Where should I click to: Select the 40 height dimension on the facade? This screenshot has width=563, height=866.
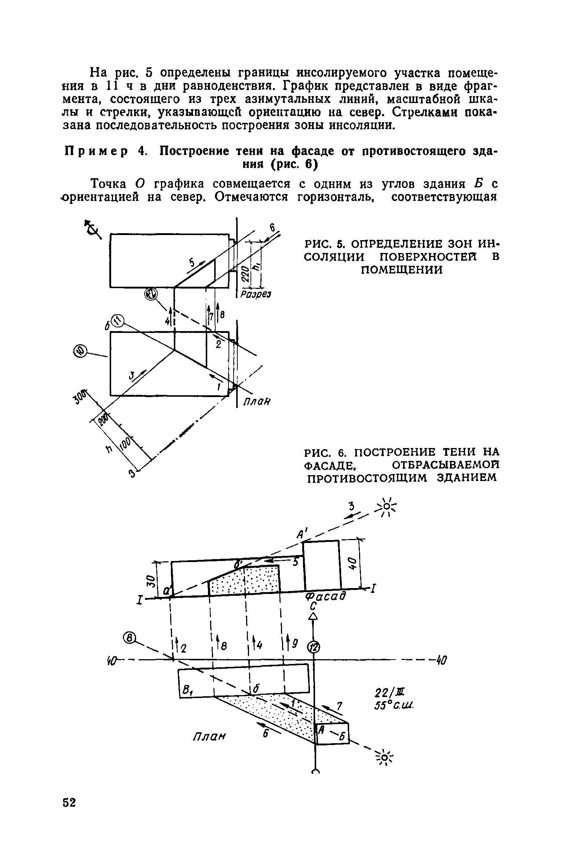tap(351, 562)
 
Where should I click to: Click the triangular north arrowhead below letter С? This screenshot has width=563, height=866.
tap(313, 617)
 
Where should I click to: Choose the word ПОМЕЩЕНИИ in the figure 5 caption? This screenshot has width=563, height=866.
tap(402, 270)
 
